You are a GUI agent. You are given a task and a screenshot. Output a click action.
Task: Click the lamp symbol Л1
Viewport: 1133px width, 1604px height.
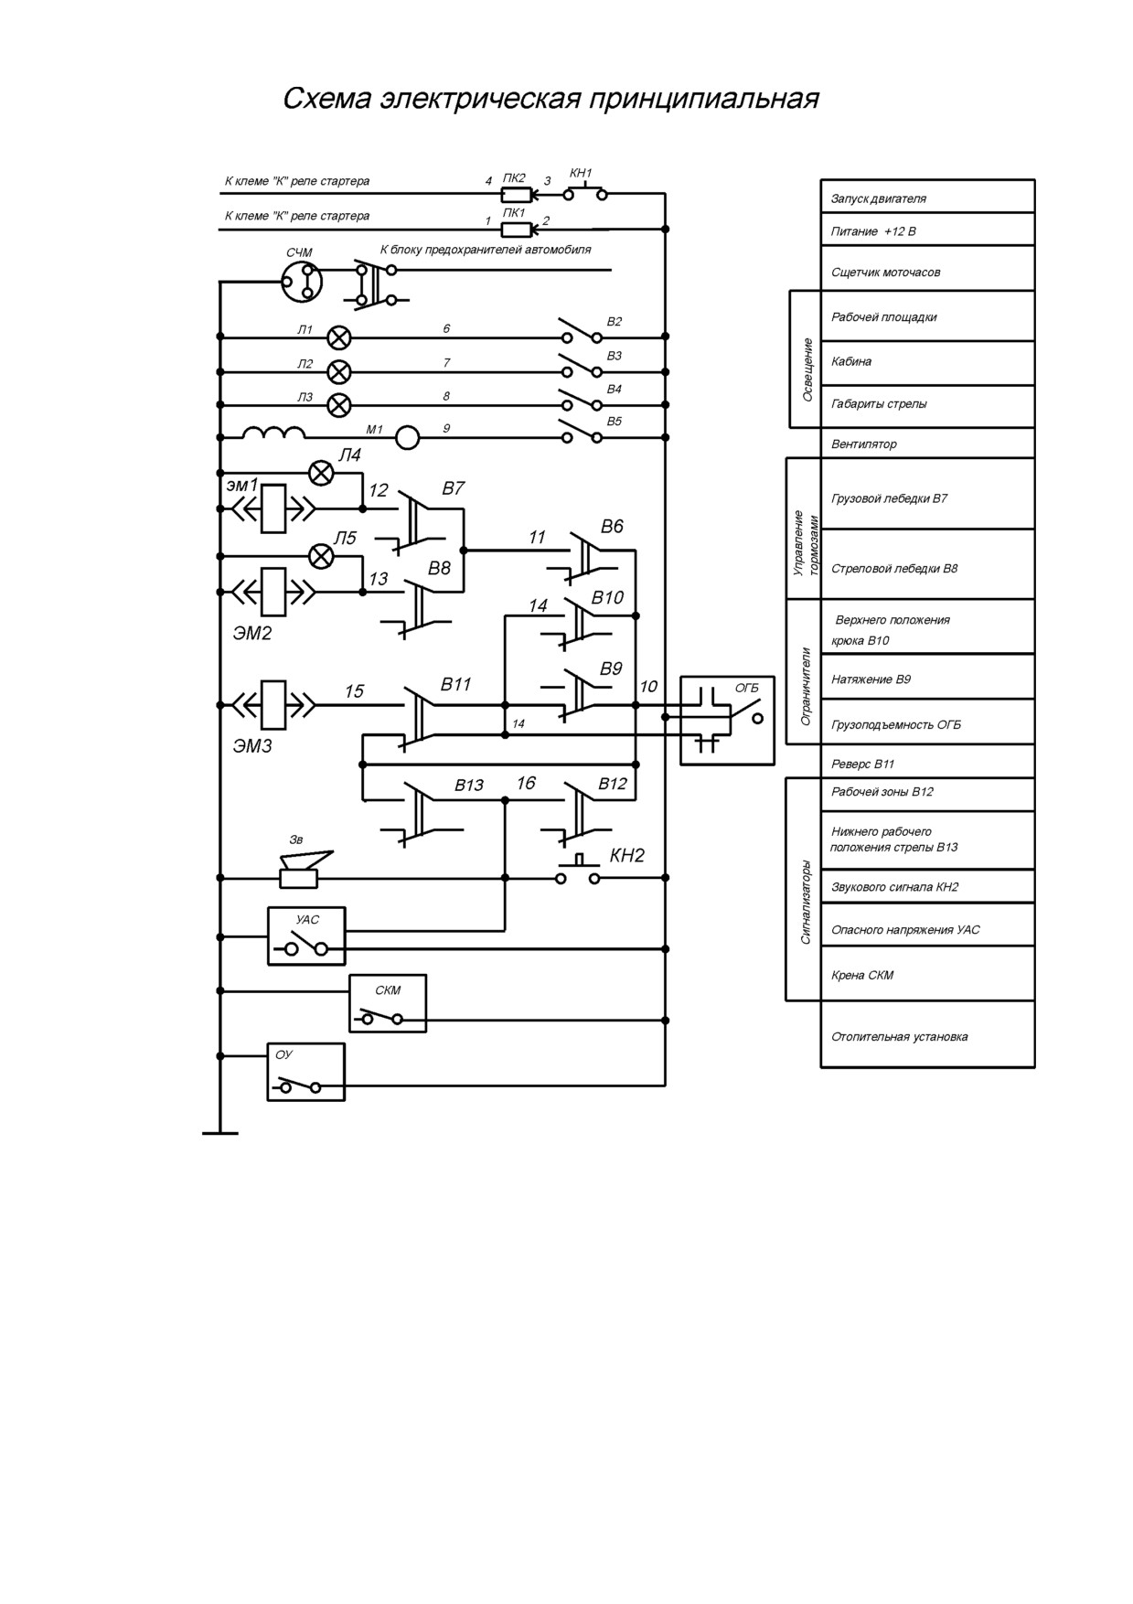pos(339,337)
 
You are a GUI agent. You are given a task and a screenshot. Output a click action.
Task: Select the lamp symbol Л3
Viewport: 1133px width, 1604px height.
pos(339,405)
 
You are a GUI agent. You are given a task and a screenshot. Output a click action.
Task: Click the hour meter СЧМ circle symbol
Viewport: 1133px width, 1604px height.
pos(301,281)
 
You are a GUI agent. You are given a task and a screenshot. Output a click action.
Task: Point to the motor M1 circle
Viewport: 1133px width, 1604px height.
pos(407,438)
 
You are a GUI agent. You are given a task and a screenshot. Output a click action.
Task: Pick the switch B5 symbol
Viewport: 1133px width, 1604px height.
pos(582,431)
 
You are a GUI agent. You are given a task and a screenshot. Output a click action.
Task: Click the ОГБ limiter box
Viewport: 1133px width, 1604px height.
pos(727,721)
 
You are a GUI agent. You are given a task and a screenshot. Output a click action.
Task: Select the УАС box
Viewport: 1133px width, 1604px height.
pos(306,936)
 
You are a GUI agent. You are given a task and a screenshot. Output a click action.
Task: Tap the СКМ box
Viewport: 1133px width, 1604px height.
pos(388,1003)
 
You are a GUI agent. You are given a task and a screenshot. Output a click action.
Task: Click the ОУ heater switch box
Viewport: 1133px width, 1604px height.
pos(306,1072)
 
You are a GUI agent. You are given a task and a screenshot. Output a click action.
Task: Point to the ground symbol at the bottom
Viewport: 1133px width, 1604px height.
pos(219,1133)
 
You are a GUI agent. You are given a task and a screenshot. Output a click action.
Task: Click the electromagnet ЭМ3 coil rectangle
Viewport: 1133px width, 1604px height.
pos(273,705)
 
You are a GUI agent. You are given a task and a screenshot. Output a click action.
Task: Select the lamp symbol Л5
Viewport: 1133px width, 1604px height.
pos(321,556)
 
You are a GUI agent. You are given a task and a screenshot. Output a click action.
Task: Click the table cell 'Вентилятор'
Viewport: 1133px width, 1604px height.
pos(927,444)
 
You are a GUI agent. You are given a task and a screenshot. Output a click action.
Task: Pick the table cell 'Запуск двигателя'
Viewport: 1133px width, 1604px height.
pos(927,197)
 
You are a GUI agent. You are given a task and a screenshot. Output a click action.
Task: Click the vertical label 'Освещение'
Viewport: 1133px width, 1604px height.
pos(807,369)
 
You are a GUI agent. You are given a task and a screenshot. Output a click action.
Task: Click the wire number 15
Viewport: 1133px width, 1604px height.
pos(354,691)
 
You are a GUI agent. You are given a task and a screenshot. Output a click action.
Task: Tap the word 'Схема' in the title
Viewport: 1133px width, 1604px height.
pos(326,99)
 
